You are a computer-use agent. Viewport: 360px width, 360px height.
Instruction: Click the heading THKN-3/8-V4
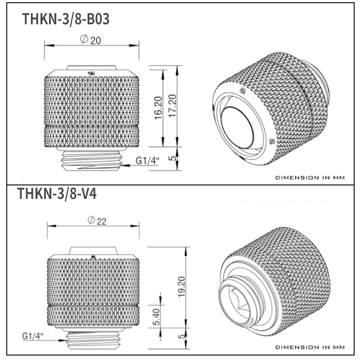pyautogui.click(x=56, y=194)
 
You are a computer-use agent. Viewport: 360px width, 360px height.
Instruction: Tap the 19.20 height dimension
pyautogui.click(x=181, y=286)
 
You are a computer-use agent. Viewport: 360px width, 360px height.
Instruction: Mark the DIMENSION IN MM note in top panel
pyautogui.click(x=310, y=177)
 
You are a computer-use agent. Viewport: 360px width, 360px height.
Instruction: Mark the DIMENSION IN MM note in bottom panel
pyautogui.click(x=310, y=347)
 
